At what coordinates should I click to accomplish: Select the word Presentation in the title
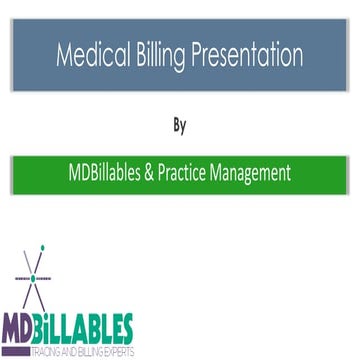pyautogui.click(x=246, y=51)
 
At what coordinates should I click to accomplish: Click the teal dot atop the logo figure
pyautogui.click(x=42, y=246)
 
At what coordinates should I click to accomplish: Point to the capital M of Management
pyautogui.click(x=242, y=172)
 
